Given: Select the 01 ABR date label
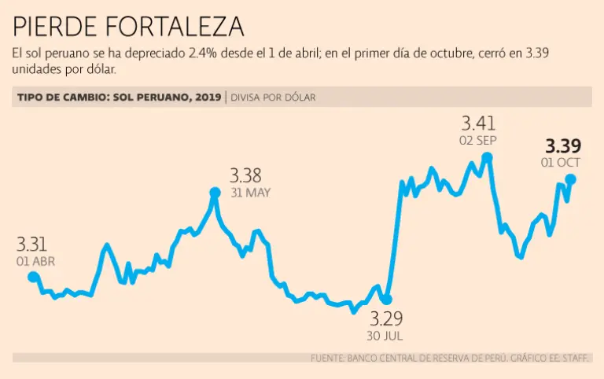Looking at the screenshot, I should click(35, 261).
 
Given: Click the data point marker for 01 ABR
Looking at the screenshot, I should click(33, 277).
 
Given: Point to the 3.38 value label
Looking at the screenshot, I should click(245, 175).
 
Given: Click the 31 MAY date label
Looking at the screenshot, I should click(250, 193).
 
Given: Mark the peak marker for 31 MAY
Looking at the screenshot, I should click(215, 192).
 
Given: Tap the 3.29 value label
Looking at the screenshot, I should click(386, 319).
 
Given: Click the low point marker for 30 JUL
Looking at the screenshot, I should click(386, 300).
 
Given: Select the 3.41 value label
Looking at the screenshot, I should click(478, 123).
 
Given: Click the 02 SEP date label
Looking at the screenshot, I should click(478, 140).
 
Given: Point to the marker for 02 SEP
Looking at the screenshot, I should click(488, 157).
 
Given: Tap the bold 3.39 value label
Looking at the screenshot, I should click(563, 146).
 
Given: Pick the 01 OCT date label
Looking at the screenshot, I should click(561, 163).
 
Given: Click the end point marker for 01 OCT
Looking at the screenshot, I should click(570, 180).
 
